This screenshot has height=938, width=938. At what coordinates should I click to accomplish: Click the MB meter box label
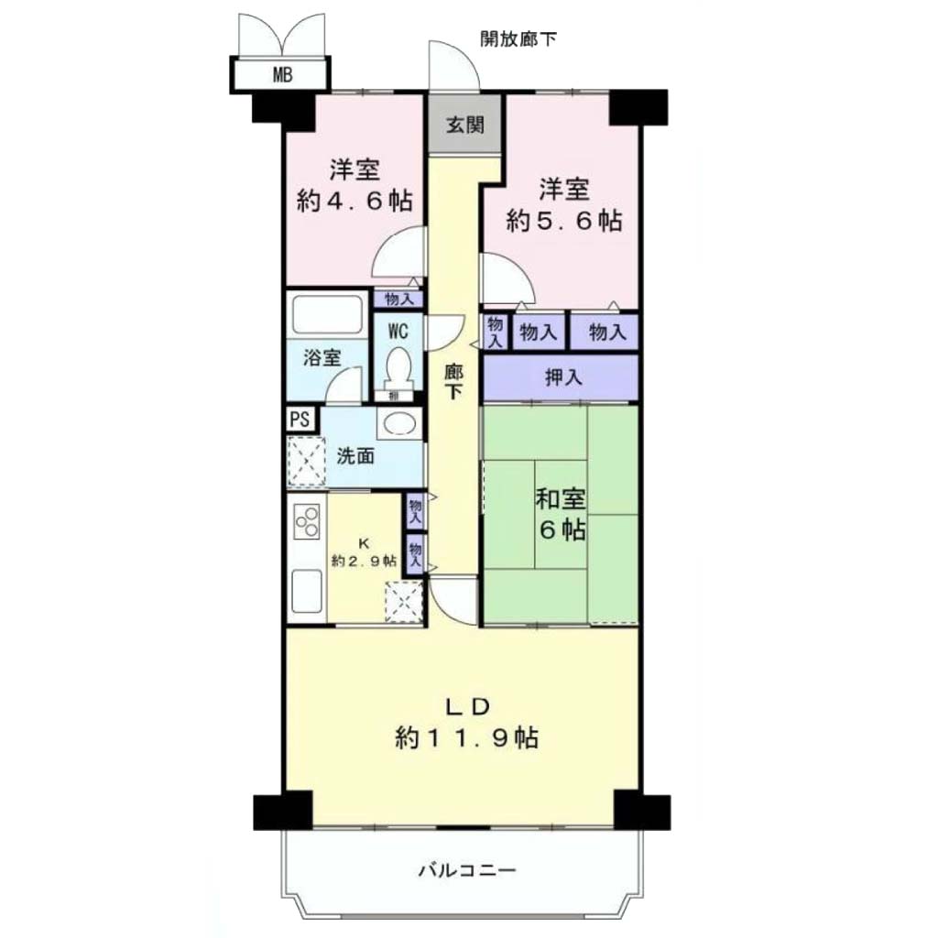click(282, 75)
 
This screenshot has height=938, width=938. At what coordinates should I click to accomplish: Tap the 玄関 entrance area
click(464, 125)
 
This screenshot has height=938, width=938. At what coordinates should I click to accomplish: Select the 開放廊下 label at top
click(518, 38)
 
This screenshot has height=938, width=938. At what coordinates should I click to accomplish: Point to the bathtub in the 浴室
click(327, 315)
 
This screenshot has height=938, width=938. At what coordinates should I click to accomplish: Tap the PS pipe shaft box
click(300, 419)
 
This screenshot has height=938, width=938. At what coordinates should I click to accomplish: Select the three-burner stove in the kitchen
click(307, 521)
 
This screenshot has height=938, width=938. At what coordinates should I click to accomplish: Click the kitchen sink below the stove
click(306, 590)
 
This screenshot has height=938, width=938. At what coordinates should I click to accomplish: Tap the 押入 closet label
click(563, 377)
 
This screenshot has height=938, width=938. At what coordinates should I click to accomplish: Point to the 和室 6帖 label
click(561, 515)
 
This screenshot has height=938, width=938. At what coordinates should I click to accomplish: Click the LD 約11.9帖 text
click(466, 723)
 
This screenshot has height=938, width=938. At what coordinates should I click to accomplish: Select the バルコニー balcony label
click(466, 870)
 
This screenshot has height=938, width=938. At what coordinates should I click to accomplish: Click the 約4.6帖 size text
click(354, 201)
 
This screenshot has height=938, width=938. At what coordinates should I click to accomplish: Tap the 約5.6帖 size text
click(563, 221)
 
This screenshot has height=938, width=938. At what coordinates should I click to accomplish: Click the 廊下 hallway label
click(453, 382)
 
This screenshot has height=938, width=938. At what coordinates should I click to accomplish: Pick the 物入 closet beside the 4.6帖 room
click(398, 299)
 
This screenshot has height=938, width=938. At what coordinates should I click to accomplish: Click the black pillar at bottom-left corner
click(283, 811)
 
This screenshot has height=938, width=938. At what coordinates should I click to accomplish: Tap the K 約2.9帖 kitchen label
click(364, 552)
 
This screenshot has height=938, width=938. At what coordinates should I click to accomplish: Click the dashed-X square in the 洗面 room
click(307, 462)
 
